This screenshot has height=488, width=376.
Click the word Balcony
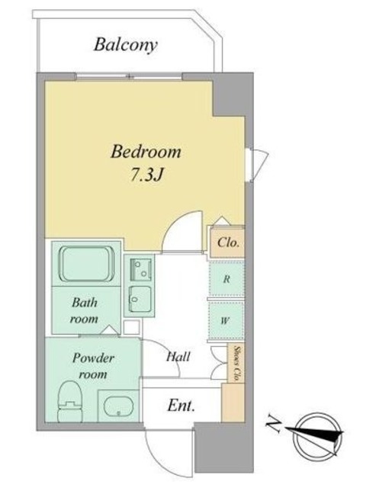click(125, 45)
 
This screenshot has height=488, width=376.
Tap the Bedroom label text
click(146, 152)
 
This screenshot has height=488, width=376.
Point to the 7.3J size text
click(146, 175)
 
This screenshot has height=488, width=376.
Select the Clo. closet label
click(228, 242)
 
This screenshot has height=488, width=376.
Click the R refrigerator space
click(227, 279)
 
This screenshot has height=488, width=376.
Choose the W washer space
click(226, 320)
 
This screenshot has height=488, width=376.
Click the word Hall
click(178, 357)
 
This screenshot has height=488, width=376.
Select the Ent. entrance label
click(182, 406)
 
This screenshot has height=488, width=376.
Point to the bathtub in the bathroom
click(87, 264)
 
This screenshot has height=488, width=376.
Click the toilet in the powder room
click(69, 402)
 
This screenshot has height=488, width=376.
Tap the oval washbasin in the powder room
click(118, 406)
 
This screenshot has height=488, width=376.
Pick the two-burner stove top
click(140, 268)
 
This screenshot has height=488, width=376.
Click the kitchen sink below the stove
click(140, 299)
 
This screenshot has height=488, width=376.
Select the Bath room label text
click(85, 310)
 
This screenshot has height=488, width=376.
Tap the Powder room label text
click(93, 366)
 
